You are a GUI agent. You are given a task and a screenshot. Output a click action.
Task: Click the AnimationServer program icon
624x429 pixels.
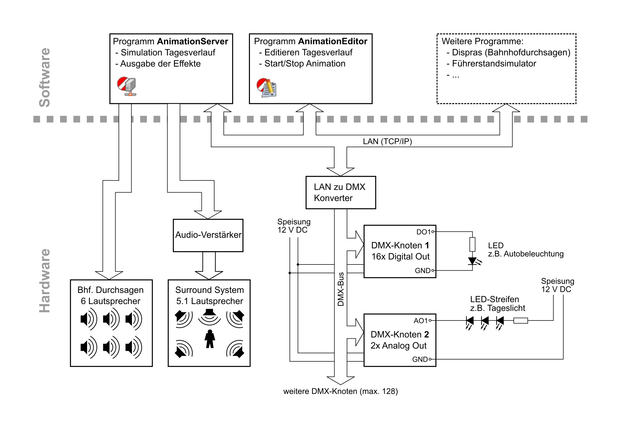point(126,86)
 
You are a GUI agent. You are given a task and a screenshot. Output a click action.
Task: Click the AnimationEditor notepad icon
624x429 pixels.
point(267,88)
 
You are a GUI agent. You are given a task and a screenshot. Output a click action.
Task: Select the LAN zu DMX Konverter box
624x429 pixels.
point(341,193)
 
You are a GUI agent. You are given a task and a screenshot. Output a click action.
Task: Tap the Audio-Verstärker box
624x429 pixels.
point(208,235)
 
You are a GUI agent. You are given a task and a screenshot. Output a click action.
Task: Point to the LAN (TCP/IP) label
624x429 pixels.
point(387,141)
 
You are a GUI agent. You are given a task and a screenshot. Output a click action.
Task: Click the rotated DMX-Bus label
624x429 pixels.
point(341,289)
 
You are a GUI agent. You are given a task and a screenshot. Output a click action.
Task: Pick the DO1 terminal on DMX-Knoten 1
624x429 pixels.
point(433,232)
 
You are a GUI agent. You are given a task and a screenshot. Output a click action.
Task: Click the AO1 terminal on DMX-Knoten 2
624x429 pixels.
point(430,321)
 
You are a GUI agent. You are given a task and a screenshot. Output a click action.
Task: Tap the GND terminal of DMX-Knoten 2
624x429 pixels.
point(430,359)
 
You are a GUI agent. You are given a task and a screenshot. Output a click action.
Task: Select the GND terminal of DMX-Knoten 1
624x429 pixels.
point(433,271)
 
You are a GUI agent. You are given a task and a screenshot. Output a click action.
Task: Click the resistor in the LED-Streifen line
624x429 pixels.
point(521,321)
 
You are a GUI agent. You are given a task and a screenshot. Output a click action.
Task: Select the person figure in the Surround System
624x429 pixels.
point(210,339)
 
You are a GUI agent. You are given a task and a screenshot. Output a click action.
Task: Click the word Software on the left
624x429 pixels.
point(44,77)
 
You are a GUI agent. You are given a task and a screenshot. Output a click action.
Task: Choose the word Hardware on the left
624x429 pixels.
point(44,281)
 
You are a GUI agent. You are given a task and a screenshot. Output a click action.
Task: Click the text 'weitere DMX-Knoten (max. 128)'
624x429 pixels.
point(341,391)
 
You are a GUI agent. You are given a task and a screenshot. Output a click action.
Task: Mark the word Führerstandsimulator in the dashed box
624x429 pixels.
point(494,63)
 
